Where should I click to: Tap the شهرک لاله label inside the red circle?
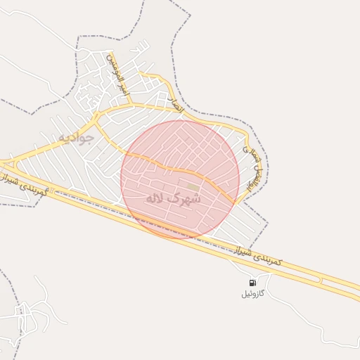point(172,199)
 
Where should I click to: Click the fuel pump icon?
point(252,283)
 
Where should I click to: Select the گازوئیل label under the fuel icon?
point(252,293)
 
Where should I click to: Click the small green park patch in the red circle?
point(193,186)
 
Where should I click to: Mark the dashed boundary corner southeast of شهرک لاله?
point(268,224)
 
